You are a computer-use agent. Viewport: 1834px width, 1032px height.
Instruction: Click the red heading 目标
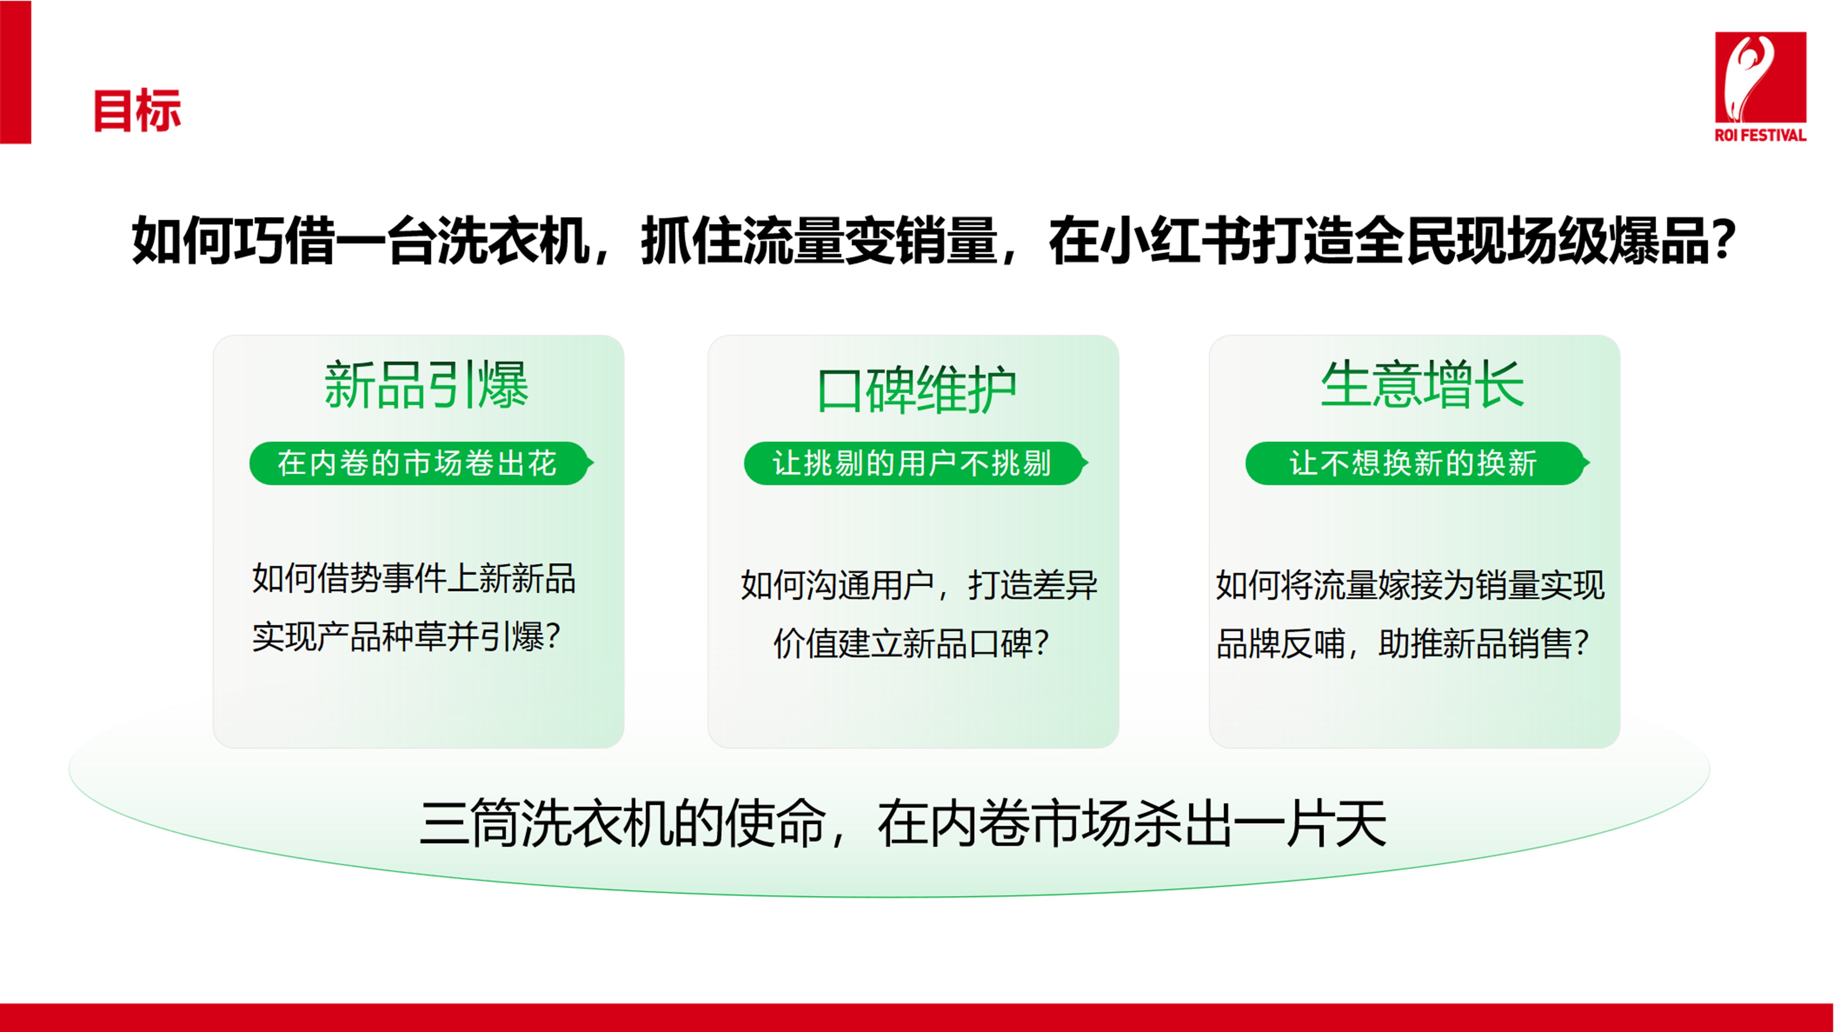click(137, 111)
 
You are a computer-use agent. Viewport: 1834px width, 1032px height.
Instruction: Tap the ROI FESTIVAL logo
click(1760, 86)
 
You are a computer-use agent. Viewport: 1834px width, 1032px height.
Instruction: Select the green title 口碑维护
click(916, 390)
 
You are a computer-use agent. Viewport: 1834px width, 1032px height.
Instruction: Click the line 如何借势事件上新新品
click(414, 578)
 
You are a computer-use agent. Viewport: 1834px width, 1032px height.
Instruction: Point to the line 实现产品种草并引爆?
click(406, 637)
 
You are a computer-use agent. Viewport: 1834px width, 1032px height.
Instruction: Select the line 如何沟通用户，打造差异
click(918, 585)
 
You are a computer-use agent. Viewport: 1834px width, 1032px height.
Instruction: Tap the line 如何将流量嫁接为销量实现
click(1410, 585)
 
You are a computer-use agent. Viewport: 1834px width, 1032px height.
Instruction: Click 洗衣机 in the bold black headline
click(514, 241)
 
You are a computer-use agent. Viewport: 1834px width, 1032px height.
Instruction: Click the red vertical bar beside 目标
click(16, 72)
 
